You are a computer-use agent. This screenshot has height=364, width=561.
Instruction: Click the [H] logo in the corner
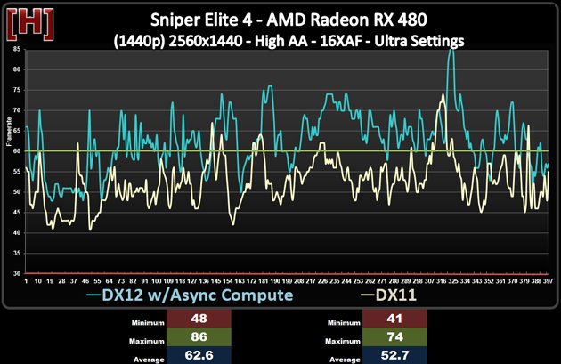click(x=22, y=20)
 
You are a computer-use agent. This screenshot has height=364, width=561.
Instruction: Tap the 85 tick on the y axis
click(x=17, y=51)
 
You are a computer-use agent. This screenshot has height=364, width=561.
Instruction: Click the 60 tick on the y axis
click(x=17, y=151)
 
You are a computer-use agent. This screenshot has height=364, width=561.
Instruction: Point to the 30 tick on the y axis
click(x=17, y=273)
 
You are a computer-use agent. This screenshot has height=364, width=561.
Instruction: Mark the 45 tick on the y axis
click(x=17, y=213)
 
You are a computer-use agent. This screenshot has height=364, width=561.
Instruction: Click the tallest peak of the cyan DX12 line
click(x=452, y=51)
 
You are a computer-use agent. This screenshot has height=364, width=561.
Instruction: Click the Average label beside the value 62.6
click(x=146, y=357)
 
